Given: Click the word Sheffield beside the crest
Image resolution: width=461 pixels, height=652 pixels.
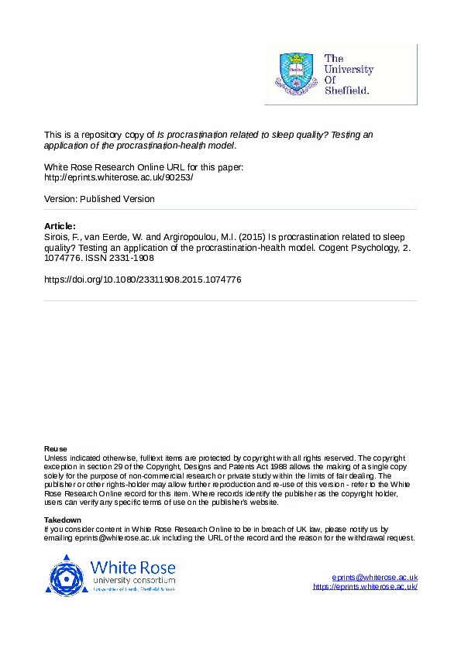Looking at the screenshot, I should click(348, 91).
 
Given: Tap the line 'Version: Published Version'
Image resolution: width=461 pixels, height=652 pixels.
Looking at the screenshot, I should click(99, 199).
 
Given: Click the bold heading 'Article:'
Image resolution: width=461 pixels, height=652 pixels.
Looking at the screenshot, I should click(60, 225).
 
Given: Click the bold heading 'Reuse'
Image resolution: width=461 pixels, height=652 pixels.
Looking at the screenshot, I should click(55, 449).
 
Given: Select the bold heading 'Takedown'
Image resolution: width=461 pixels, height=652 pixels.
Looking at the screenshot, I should click(62, 520).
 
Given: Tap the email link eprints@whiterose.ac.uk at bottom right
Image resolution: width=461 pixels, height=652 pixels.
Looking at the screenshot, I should click(374, 578).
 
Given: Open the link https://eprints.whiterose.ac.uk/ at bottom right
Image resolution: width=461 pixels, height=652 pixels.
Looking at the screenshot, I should click(365, 587).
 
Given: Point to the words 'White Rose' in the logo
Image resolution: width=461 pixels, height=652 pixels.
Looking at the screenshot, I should click(132, 566).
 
